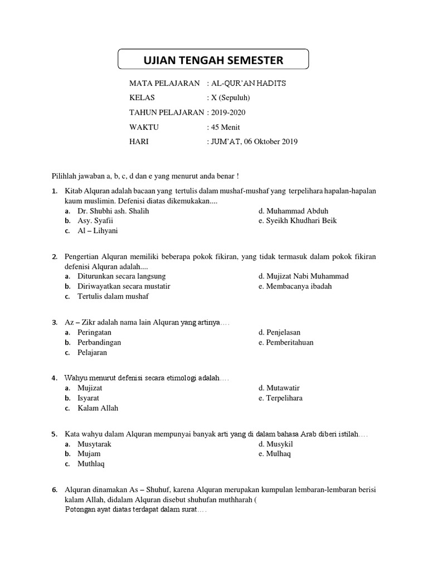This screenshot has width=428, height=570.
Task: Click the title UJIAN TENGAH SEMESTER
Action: click(x=213, y=60)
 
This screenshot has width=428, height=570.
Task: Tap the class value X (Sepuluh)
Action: click(x=228, y=98)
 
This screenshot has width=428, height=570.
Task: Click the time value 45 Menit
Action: click(x=225, y=127)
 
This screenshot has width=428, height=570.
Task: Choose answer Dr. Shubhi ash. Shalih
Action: click(x=113, y=211)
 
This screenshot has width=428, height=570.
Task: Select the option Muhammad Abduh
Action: click(x=293, y=211)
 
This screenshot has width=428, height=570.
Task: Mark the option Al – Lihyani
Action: click(x=98, y=230)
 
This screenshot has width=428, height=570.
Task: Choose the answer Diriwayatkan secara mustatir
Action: click(x=124, y=286)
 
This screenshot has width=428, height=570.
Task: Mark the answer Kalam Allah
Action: click(x=98, y=407)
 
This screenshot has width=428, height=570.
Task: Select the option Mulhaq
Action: click(x=275, y=453)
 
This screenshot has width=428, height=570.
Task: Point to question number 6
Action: click(x=55, y=490)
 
